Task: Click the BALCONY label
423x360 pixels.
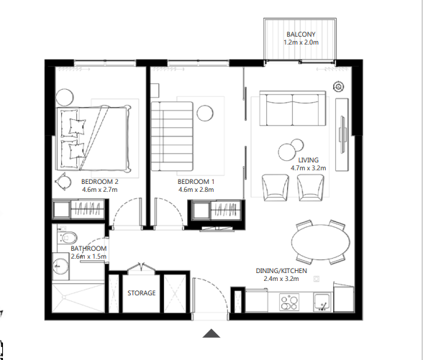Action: (x=300, y=34)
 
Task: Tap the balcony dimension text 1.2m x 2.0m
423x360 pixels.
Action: (x=300, y=43)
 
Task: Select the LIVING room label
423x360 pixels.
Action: (x=309, y=160)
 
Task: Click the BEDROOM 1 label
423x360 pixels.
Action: (x=196, y=182)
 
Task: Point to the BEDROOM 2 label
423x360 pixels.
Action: (x=99, y=182)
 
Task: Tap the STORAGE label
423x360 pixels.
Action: (x=142, y=294)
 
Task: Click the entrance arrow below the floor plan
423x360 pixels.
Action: (x=211, y=333)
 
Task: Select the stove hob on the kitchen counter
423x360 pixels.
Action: (x=289, y=304)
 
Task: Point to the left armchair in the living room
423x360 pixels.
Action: (x=275, y=187)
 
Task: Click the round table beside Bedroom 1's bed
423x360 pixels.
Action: (x=205, y=112)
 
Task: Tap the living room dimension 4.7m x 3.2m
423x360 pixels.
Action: (x=309, y=168)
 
